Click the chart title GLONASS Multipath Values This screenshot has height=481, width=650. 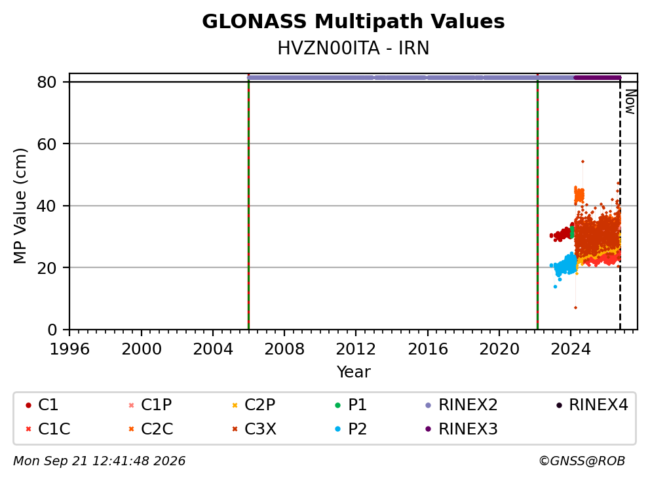point(353,22)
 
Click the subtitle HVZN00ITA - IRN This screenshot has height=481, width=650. point(353,48)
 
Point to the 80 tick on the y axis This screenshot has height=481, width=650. point(47,82)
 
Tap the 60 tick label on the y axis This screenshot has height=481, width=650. point(47,144)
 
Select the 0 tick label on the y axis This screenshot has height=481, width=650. point(52,330)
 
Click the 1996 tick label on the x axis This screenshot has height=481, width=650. point(69,349)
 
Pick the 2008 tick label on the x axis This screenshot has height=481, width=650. point(284,349)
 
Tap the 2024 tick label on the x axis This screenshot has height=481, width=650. point(571,349)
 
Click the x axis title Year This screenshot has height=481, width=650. point(353,372)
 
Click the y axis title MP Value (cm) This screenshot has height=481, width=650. point(20,206)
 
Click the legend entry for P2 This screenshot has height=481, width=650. point(351,429)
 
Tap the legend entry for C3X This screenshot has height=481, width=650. point(254,429)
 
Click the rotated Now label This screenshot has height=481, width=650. point(630,102)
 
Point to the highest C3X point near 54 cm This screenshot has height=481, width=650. point(583,162)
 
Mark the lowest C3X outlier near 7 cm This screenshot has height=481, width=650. point(575,308)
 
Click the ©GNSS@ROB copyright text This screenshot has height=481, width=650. point(582,461)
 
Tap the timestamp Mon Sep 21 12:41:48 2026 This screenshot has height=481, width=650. point(100,461)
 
